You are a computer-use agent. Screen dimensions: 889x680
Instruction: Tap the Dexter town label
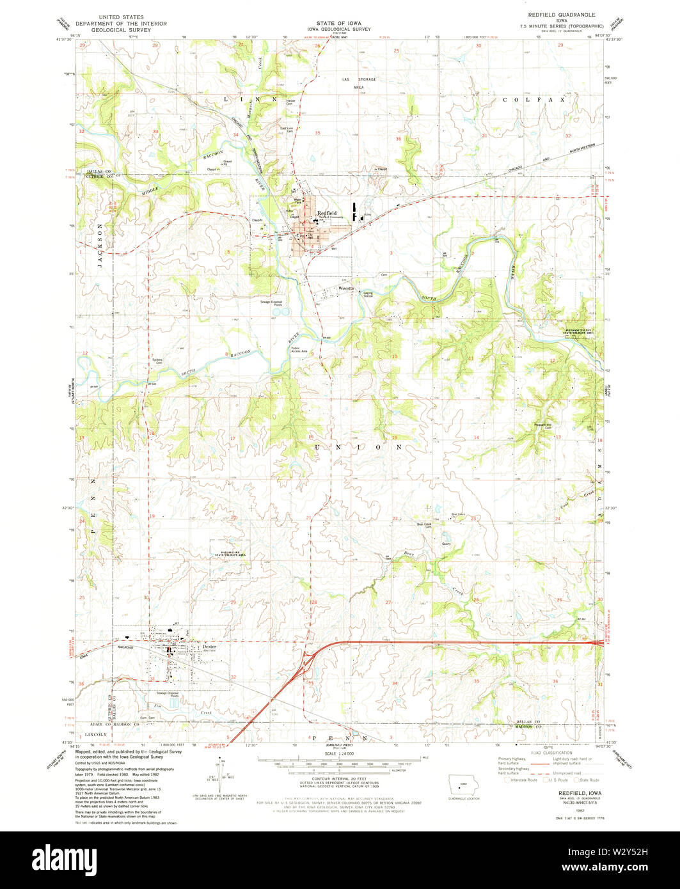(209, 647)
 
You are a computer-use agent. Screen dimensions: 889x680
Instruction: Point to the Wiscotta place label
(346, 289)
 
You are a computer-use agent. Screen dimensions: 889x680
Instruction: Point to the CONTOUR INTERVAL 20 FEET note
(339, 778)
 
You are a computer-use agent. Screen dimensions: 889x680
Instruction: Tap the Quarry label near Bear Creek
(446, 544)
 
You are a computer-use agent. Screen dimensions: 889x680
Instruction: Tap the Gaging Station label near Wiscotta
(368, 295)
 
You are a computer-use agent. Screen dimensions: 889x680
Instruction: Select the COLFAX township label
(534, 100)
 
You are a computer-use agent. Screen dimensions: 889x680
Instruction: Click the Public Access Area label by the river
(299, 350)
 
